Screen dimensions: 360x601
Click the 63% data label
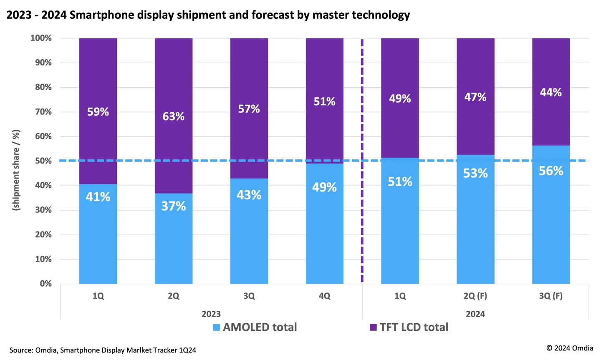[173, 116]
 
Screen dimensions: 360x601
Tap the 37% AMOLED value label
[173, 206]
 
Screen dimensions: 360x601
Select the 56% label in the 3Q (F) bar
[550, 171]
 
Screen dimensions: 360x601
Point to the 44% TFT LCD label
[550, 93]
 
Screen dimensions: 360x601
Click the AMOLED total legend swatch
[216, 327]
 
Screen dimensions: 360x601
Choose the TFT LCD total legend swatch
[373, 327]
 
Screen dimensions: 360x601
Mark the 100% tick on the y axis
[41, 38]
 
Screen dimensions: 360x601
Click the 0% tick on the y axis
[45, 284]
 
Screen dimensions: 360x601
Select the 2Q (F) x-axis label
[475, 296]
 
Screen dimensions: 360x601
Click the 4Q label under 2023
[324, 296]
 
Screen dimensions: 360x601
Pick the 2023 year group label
[211, 314]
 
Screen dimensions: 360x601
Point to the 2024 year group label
[475, 314]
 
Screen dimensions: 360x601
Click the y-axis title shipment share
[16, 170]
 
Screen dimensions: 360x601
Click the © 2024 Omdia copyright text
[569, 348]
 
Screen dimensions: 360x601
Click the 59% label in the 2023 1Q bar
[98, 112]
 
